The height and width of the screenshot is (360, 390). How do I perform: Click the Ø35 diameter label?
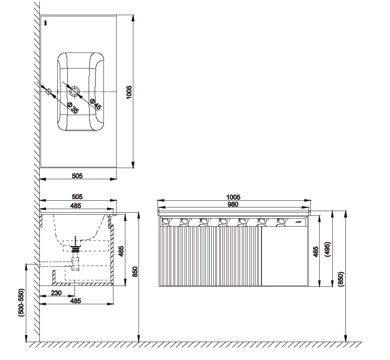[x=73, y=108]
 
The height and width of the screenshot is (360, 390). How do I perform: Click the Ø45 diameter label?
[x=96, y=104]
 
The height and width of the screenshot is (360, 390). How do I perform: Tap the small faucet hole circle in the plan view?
[x=49, y=91]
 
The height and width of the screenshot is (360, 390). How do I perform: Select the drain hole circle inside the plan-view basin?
[x=74, y=91]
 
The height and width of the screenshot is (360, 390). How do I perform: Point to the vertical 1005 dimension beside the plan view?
[x=129, y=92]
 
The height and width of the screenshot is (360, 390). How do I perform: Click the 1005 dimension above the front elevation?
[x=233, y=197]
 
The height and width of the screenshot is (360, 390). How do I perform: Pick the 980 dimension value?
[x=233, y=204]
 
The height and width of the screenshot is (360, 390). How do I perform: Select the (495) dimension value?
[x=328, y=249]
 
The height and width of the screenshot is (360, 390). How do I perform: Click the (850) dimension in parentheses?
[x=341, y=279]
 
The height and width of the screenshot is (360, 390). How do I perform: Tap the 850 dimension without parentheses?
[x=135, y=272]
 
